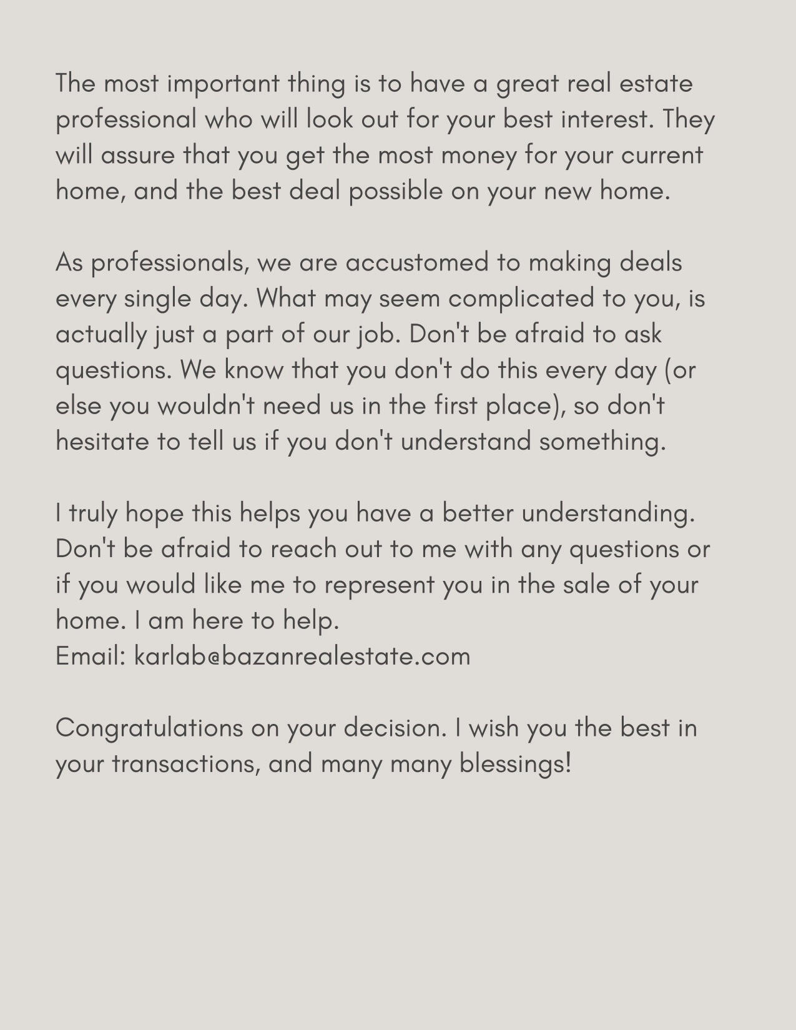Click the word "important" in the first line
tap(223, 84)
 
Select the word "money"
tap(479, 156)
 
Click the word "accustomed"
tap(416, 263)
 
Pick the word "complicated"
tap(521, 299)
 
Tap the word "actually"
tap(101, 335)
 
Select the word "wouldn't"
tap(206, 406)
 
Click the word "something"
tap(602, 442)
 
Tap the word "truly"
tap(93, 514)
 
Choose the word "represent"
tap(379, 585)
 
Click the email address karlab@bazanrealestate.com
tap(302, 656)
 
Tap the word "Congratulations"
tap(149, 728)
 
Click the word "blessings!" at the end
tap(515, 764)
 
